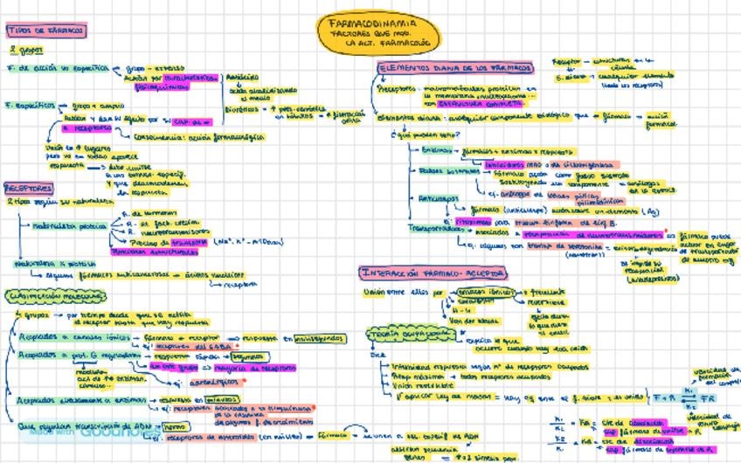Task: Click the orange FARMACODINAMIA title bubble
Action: coord(378,33)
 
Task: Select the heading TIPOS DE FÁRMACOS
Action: coord(45,30)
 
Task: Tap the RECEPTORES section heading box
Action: coord(29,188)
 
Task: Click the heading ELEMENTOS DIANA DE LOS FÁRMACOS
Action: coord(455,67)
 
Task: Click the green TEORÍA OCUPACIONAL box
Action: coord(399,334)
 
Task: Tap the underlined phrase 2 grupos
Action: coord(19,50)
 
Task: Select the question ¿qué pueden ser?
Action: coord(414,135)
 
